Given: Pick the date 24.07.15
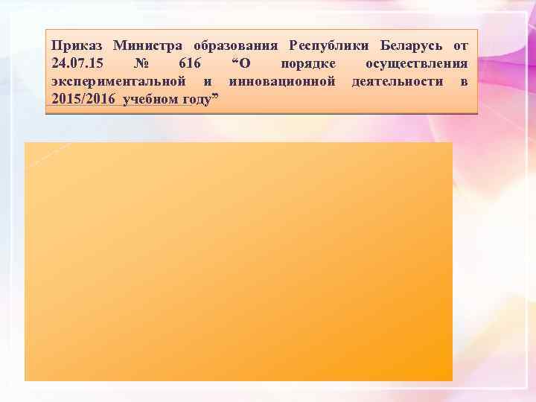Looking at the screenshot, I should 78,64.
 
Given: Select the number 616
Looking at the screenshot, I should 191,64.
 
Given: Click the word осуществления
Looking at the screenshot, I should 416,64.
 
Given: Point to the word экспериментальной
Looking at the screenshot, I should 118,81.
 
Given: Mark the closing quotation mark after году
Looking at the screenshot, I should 214,97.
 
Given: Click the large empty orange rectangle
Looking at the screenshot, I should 238,261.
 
